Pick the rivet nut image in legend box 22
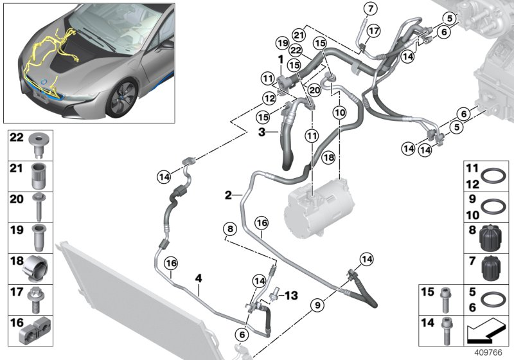coord(39,145)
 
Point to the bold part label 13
coord(292,295)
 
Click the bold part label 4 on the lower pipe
coord(199,279)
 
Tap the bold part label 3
coord(262,132)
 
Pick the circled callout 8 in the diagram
coord(229,228)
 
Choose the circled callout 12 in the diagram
coord(269,98)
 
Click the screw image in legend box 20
coord(39,205)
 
